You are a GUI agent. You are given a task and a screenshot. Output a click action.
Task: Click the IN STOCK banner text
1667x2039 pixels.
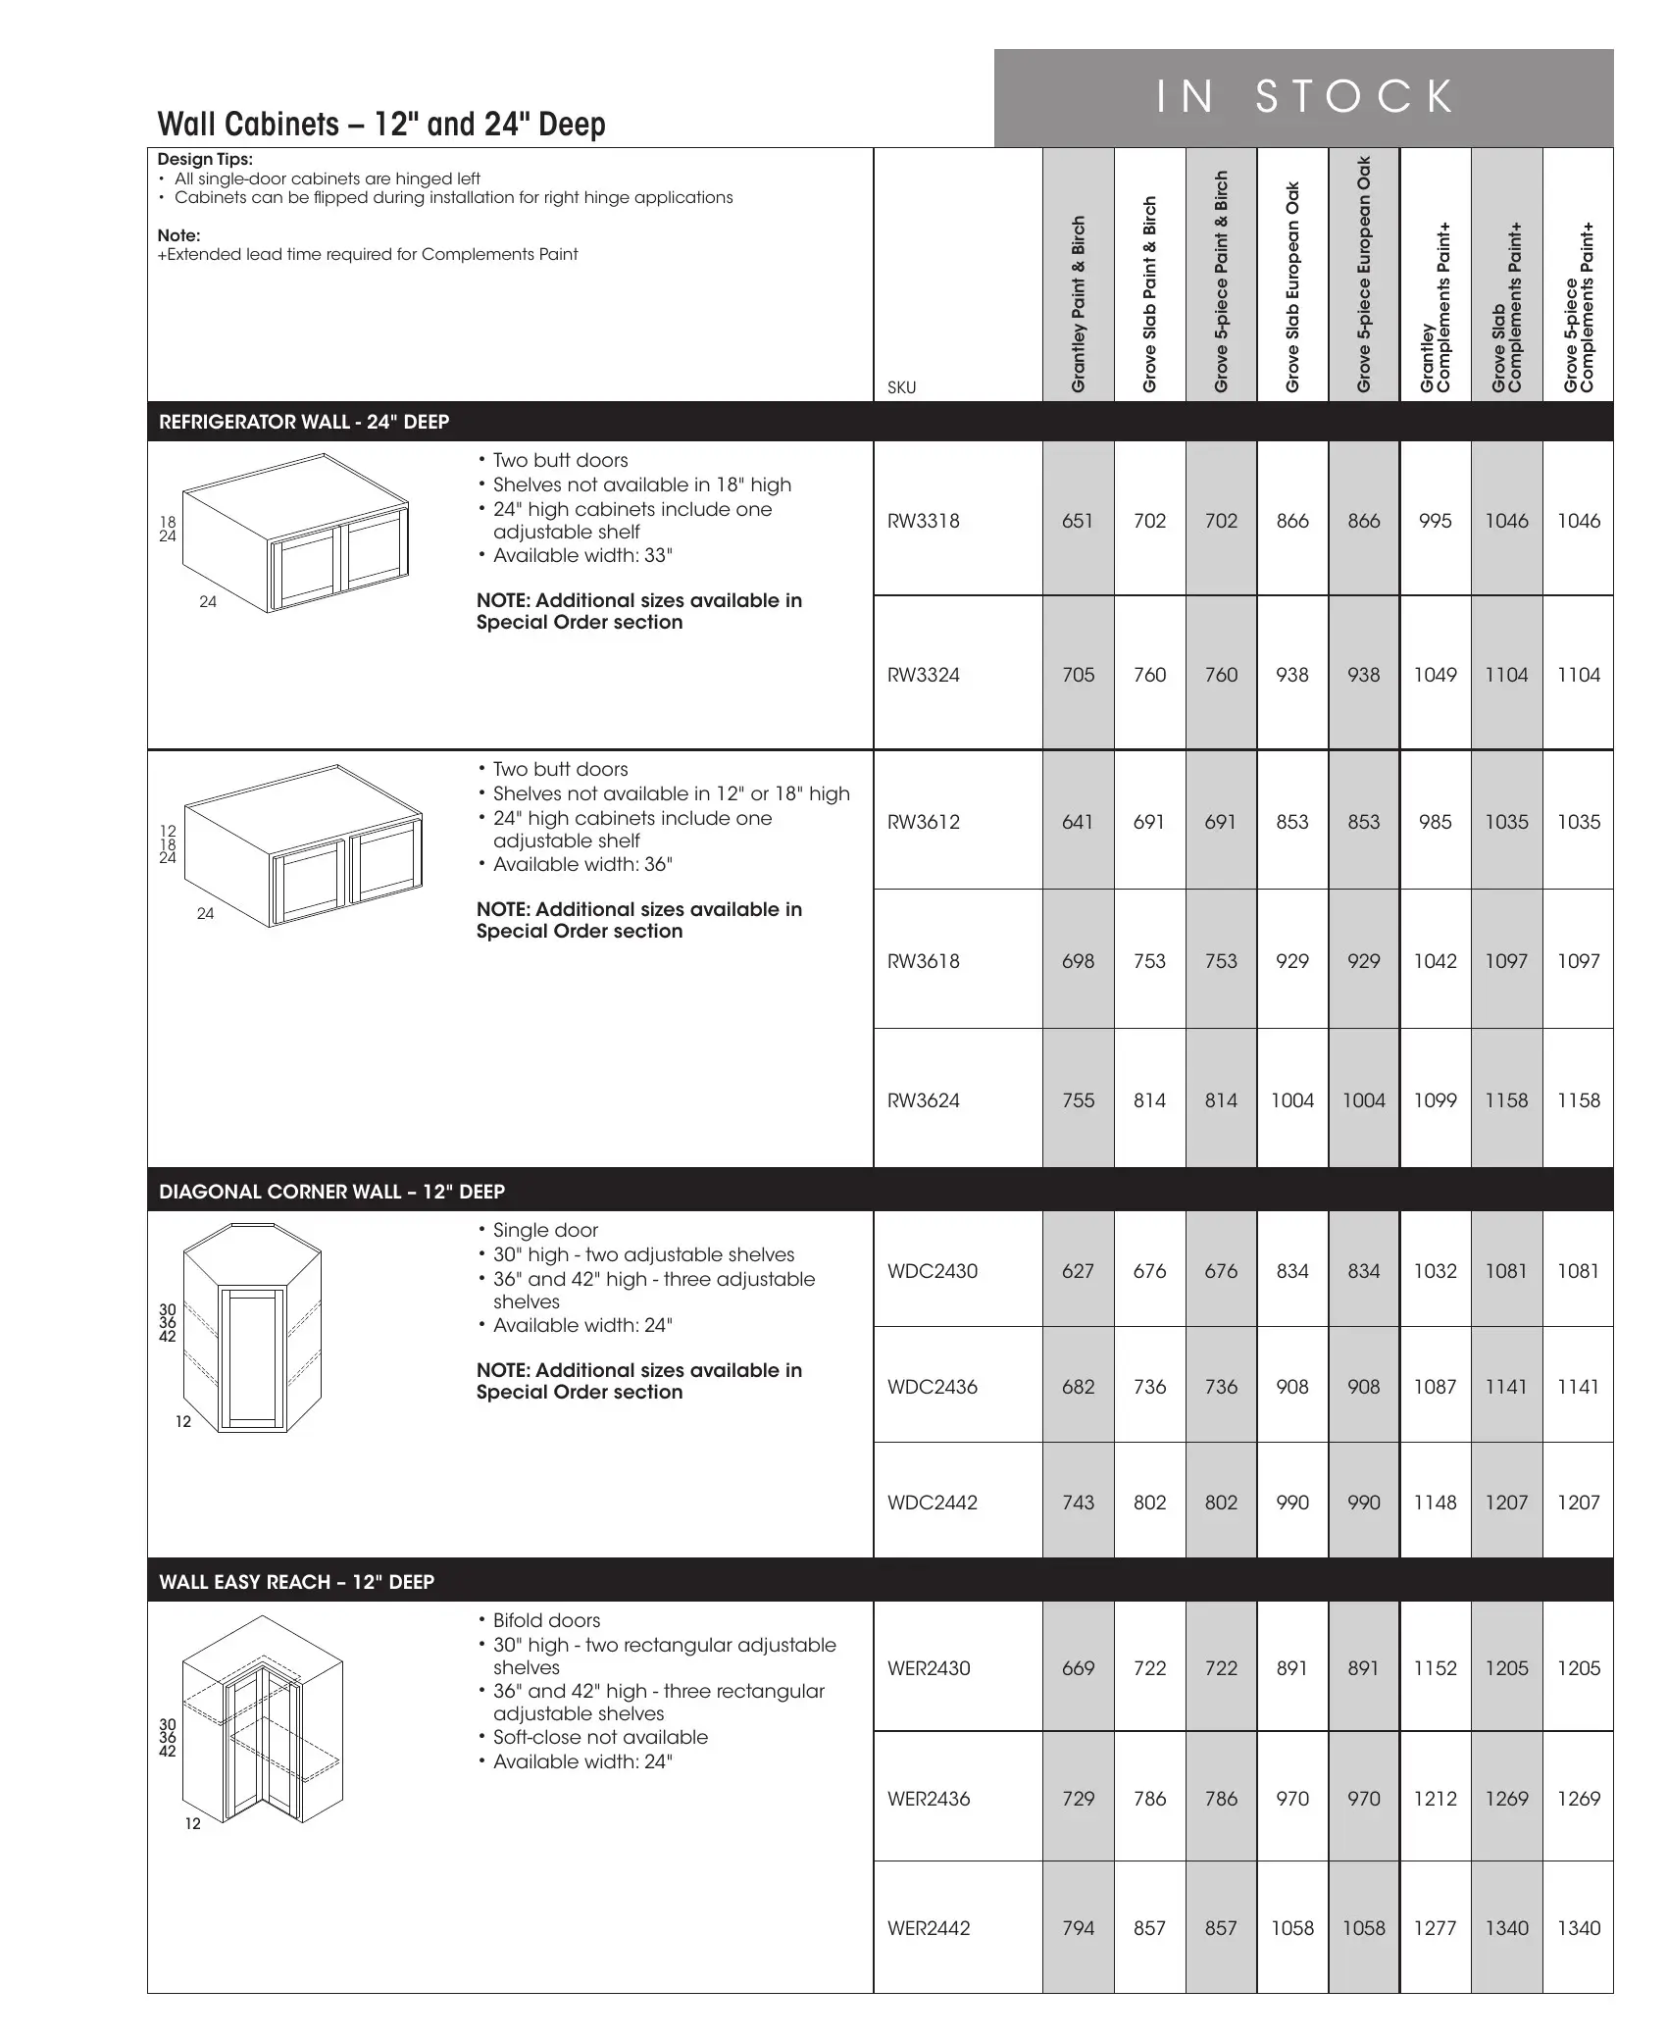coord(1304,97)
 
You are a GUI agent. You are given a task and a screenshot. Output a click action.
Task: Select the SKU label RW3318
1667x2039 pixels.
coord(923,521)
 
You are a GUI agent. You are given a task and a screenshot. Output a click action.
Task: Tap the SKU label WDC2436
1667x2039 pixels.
coord(932,1387)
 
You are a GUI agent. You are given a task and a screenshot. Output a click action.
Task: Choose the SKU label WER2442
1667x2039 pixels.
coord(928,1928)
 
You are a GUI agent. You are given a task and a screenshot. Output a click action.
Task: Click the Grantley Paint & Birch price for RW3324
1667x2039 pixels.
coord(1078,675)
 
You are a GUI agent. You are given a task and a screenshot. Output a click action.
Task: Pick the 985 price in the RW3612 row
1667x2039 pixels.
coord(1435,822)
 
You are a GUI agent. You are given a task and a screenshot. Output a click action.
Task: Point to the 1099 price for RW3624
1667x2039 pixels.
coord(1435,1100)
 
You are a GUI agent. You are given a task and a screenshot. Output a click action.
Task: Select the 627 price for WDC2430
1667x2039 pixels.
coord(1078,1271)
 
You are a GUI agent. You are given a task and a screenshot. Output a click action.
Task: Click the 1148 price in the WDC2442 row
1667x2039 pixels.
coord(1435,1503)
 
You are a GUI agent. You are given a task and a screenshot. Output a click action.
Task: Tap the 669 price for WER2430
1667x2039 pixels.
coord(1078,1668)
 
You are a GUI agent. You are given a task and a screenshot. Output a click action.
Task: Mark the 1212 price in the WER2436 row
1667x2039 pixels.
coord(1435,1799)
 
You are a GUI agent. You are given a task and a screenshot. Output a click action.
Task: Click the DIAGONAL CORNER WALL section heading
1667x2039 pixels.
coord(331,1192)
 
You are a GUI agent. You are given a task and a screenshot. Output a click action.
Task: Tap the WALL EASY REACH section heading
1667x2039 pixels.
coord(296,1582)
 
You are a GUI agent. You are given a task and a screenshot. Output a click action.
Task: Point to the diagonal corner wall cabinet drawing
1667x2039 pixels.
coord(253,1328)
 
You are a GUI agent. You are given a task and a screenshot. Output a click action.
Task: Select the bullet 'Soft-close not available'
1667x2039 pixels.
coord(599,1737)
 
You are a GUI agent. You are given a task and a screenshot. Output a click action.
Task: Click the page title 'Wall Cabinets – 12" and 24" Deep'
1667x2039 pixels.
coord(381,125)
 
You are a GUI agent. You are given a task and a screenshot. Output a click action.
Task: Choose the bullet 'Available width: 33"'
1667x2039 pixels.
coord(581,555)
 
